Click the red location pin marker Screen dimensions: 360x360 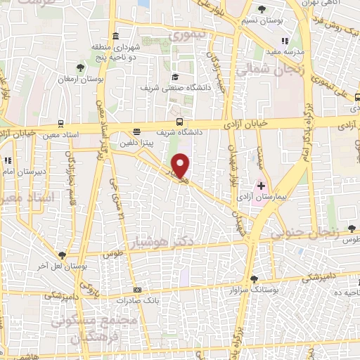[x=181, y=165]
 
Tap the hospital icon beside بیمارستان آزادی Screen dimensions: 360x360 [x=262, y=186]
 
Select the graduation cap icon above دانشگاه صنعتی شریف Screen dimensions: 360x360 [x=174, y=77]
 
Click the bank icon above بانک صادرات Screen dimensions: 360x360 [x=137, y=290]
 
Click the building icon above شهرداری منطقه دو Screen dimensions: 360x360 [x=115, y=36]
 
